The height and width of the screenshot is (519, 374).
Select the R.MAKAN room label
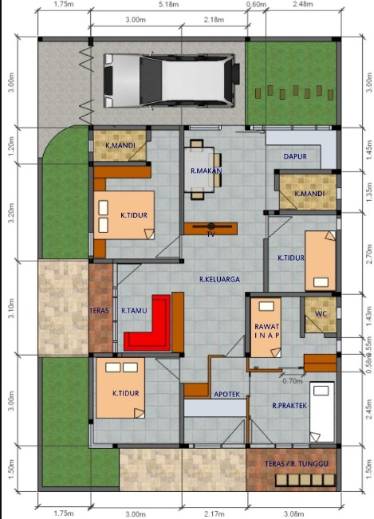[x=206, y=171]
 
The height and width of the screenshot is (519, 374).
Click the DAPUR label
[x=295, y=156]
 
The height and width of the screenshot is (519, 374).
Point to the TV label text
[x=211, y=235]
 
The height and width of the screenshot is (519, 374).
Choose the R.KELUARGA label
[x=220, y=279]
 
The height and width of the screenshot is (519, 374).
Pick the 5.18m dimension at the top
[x=167, y=6]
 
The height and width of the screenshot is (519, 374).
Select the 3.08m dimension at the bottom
[x=294, y=513]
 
